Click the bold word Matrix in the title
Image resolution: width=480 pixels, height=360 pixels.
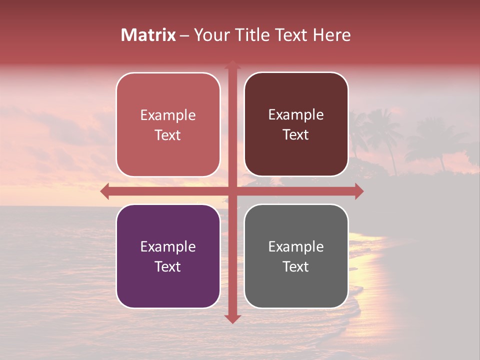[x=148, y=35]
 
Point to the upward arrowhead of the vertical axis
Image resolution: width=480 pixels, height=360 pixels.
[x=232, y=64]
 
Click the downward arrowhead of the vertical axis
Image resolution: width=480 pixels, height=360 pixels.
[x=232, y=318]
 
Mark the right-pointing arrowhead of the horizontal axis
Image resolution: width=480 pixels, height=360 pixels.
[x=359, y=191]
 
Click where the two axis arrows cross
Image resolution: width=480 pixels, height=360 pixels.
[x=232, y=191]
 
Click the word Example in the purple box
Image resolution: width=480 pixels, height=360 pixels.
[x=168, y=246]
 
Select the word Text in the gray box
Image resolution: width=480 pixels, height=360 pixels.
[x=296, y=266]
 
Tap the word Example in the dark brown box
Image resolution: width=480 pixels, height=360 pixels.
[x=296, y=115]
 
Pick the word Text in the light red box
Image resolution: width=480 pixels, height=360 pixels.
[x=168, y=135]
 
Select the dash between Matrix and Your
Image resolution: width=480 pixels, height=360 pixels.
[x=184, y=35]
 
